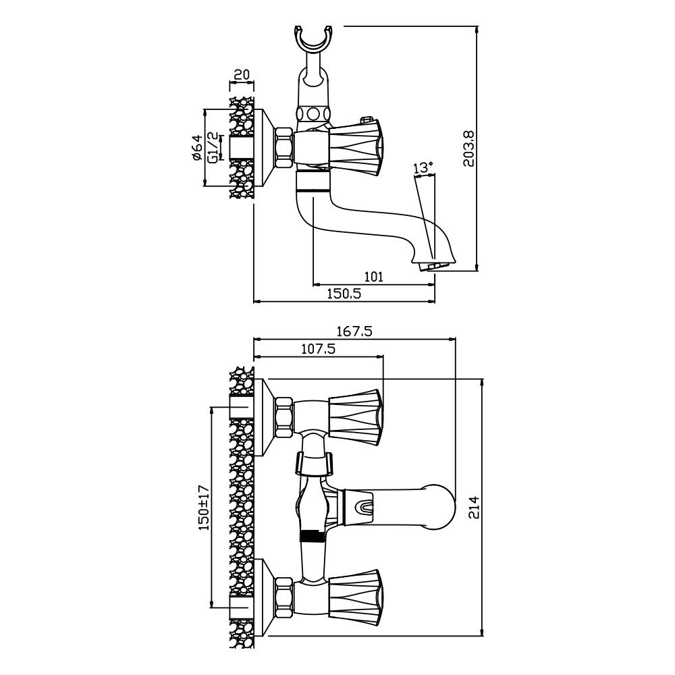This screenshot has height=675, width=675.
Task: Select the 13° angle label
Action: tap(423, 167)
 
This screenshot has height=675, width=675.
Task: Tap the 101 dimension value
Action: tap(373, 276)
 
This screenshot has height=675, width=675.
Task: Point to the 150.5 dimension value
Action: tap(345, 293)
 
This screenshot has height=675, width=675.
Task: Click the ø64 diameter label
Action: tap(197, 148)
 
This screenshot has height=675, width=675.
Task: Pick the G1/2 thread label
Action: tap(213, 148)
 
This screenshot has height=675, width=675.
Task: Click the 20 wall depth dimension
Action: tap(242, 74)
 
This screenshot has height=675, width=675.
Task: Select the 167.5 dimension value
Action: tap(355, 331)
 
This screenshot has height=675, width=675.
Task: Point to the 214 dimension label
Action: tap(475, 508)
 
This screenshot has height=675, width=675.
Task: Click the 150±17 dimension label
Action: tap(204, 507)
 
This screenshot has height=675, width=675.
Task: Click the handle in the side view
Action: tap(356, 147)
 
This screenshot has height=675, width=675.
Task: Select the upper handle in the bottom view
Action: tap(356, 418)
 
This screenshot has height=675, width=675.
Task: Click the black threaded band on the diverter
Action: tap(311, 537)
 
